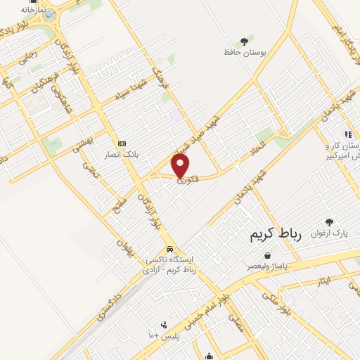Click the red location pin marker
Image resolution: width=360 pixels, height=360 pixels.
(x=181, y=166)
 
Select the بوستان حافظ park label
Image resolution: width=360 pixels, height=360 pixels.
(x=243, y=53)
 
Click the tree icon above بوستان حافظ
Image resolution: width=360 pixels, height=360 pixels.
(x=244, y=41)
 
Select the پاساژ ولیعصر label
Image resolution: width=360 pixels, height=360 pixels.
(x=266, y=267)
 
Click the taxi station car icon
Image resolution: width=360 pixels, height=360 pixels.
(x=169, y=249)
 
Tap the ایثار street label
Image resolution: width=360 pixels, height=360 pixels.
(x=323, y=281)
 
